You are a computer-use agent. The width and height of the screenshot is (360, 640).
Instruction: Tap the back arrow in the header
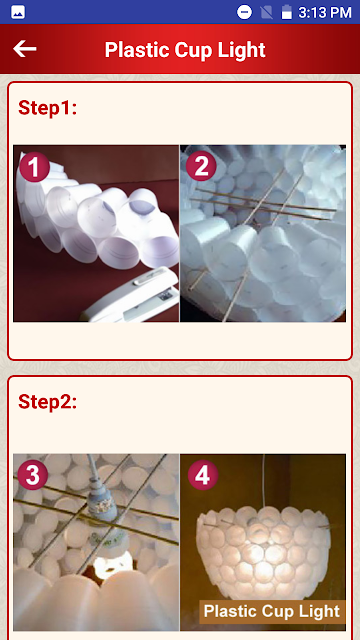(x=24, y=49)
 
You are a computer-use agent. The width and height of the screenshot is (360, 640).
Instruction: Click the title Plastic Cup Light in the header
(x=185, y=50)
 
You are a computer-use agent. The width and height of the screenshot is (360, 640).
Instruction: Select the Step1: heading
(x=47, y=108)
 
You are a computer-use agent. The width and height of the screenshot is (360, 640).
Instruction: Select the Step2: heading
(x=47, y=402)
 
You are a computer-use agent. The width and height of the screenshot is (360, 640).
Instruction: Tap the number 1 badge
(x=34, y=167)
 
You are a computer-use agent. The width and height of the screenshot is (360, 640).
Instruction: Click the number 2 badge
(x=201, y=167)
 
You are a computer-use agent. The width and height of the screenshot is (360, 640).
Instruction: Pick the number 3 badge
(x=33, y=475)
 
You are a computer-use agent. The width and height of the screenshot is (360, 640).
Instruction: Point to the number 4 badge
(x=203, y=475)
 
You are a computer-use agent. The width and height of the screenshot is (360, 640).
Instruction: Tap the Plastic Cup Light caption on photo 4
(x=271, y=611)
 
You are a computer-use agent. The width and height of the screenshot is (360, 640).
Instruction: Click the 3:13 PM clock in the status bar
(x=324, y=13)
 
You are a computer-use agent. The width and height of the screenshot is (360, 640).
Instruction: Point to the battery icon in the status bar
(x=287, y=12)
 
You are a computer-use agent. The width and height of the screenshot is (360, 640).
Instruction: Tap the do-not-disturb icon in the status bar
(x=244, y=12)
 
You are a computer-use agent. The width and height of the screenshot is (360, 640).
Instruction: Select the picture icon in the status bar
(x=18, y=12)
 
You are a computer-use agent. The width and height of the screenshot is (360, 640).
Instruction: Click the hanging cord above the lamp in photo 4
(x=263, y=480)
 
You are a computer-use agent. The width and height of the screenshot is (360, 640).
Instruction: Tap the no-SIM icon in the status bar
(x=267, y=12)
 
